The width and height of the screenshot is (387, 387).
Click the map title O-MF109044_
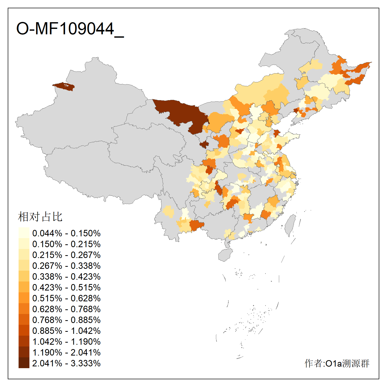pos(70,29)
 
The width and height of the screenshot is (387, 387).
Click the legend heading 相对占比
pos(40,217)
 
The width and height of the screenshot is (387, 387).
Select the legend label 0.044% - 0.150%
pos(66,233)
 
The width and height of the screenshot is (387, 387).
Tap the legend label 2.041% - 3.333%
pos(66,363)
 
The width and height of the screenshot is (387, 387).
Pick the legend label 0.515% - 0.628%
pos(66,298)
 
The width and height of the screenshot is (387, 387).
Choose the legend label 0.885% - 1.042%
pos(66,331)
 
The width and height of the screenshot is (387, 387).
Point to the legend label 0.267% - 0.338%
pos(66,266)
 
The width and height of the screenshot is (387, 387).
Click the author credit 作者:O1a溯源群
pos(337,363)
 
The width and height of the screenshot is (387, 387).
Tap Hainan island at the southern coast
pos(225,255)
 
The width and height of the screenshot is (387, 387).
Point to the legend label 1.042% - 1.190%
pos(66,342)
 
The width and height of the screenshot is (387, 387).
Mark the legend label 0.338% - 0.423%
pos(66,277)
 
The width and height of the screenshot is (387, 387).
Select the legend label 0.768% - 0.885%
pos(66,320)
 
